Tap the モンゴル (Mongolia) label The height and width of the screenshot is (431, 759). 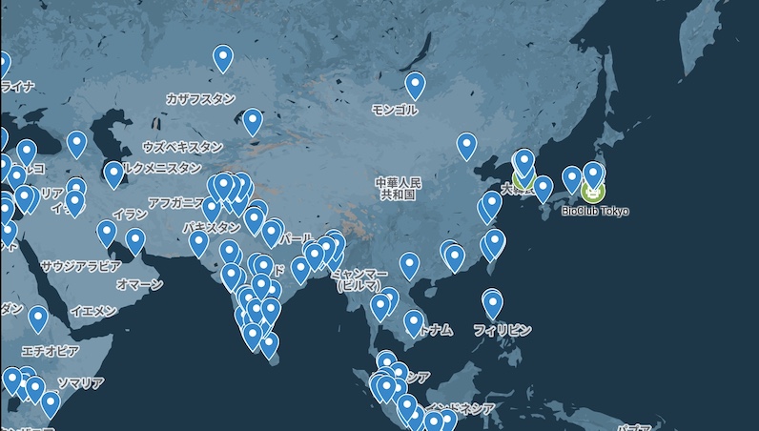click(394, 110)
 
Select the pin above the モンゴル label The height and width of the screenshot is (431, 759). click(415, 86)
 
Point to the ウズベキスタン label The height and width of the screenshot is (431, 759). click(182, 147)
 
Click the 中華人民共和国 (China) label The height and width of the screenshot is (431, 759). click(399, 187)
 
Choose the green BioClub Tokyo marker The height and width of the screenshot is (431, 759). click(593, 191)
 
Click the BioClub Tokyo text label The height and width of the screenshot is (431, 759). click(595, 211)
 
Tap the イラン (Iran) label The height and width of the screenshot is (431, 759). click(130, 215)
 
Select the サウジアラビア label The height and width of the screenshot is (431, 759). click(80, 266)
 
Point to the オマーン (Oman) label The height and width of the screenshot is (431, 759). click(139, 284)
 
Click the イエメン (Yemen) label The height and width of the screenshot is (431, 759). click(93, 311)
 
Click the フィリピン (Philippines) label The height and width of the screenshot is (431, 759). click(502, 330)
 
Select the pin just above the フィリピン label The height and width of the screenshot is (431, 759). click(492, 304)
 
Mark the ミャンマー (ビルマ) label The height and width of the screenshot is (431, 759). click(358, 279)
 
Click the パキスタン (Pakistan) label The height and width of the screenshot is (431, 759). click(212, 228)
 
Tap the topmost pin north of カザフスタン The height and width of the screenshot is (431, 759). click(223, 58)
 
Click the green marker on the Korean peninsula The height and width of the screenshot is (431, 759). click(523, 177)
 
